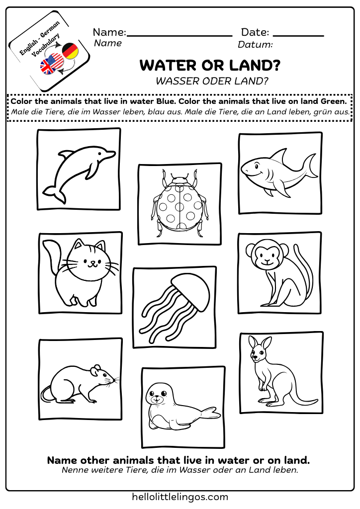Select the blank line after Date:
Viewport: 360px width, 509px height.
(298, 35)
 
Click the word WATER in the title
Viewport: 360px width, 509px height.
(166, 65)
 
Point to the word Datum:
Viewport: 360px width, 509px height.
(255, 45)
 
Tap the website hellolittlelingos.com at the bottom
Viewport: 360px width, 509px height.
(180, 497)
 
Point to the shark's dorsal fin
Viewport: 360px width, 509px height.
(281, 155)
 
